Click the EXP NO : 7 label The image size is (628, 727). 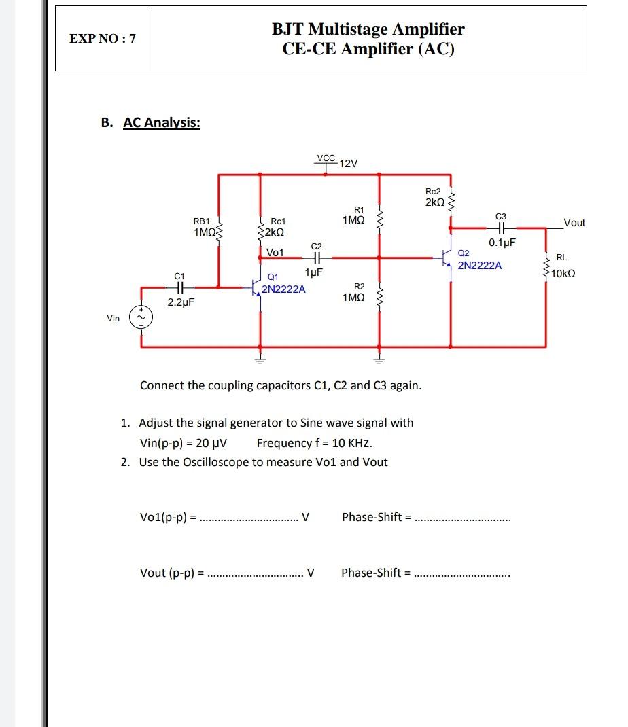point(102,39)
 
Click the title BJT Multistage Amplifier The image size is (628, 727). point(368,29)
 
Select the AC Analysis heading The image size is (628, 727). point(161,123)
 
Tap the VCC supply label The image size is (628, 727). point(326,158)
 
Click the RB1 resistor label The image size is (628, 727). point(202,221)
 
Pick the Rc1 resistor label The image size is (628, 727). point(278,221)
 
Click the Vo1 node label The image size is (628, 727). point(275,252)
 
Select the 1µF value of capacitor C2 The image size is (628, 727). point(313,272)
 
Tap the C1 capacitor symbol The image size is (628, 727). point(179,288)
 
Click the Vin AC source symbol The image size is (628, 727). point(141,318)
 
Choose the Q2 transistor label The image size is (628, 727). point(464,253)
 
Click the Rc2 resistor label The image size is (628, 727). point(433,192)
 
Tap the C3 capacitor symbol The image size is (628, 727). point(502,229)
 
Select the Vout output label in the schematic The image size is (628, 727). point(574,223)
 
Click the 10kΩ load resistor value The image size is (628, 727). point(563,274)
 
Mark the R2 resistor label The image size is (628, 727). point(360,286)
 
